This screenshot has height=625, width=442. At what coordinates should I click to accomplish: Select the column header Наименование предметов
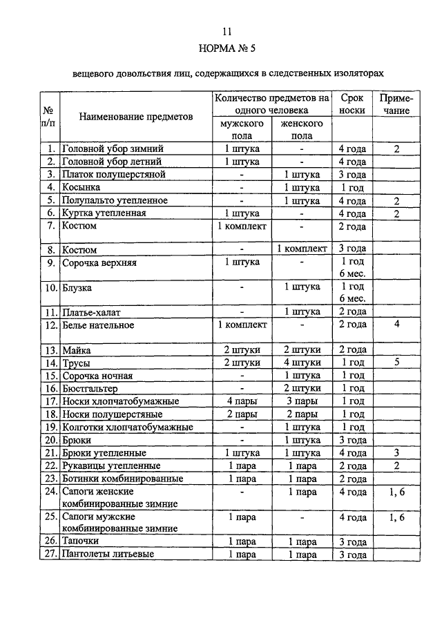pos(135,117)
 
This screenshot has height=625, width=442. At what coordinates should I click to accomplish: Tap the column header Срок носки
pos(353,104)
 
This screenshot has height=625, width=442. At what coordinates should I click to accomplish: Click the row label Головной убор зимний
pos(114,148)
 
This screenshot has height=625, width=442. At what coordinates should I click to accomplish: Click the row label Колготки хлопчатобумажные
pos(128,427)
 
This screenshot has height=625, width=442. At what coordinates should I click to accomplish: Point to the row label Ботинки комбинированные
pos(123,479)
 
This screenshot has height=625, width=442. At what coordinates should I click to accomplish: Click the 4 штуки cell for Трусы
pos(301,363)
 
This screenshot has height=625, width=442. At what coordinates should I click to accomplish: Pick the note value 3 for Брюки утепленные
pos(396,453)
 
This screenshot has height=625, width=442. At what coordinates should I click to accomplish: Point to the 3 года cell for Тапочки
pos(353,542)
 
